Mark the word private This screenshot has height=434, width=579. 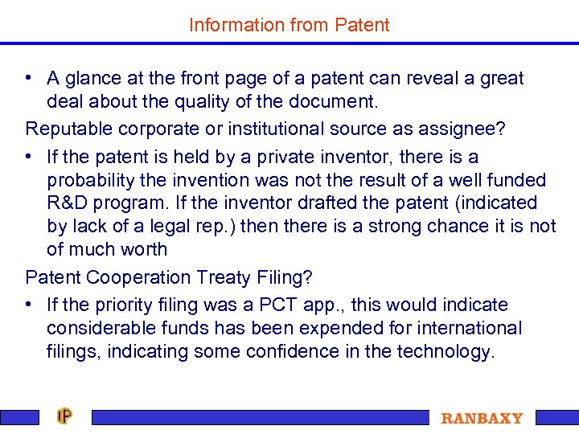286,157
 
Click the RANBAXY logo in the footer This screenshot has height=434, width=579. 482,419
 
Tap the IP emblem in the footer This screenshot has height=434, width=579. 64,417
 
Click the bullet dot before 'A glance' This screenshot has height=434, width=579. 28,79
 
